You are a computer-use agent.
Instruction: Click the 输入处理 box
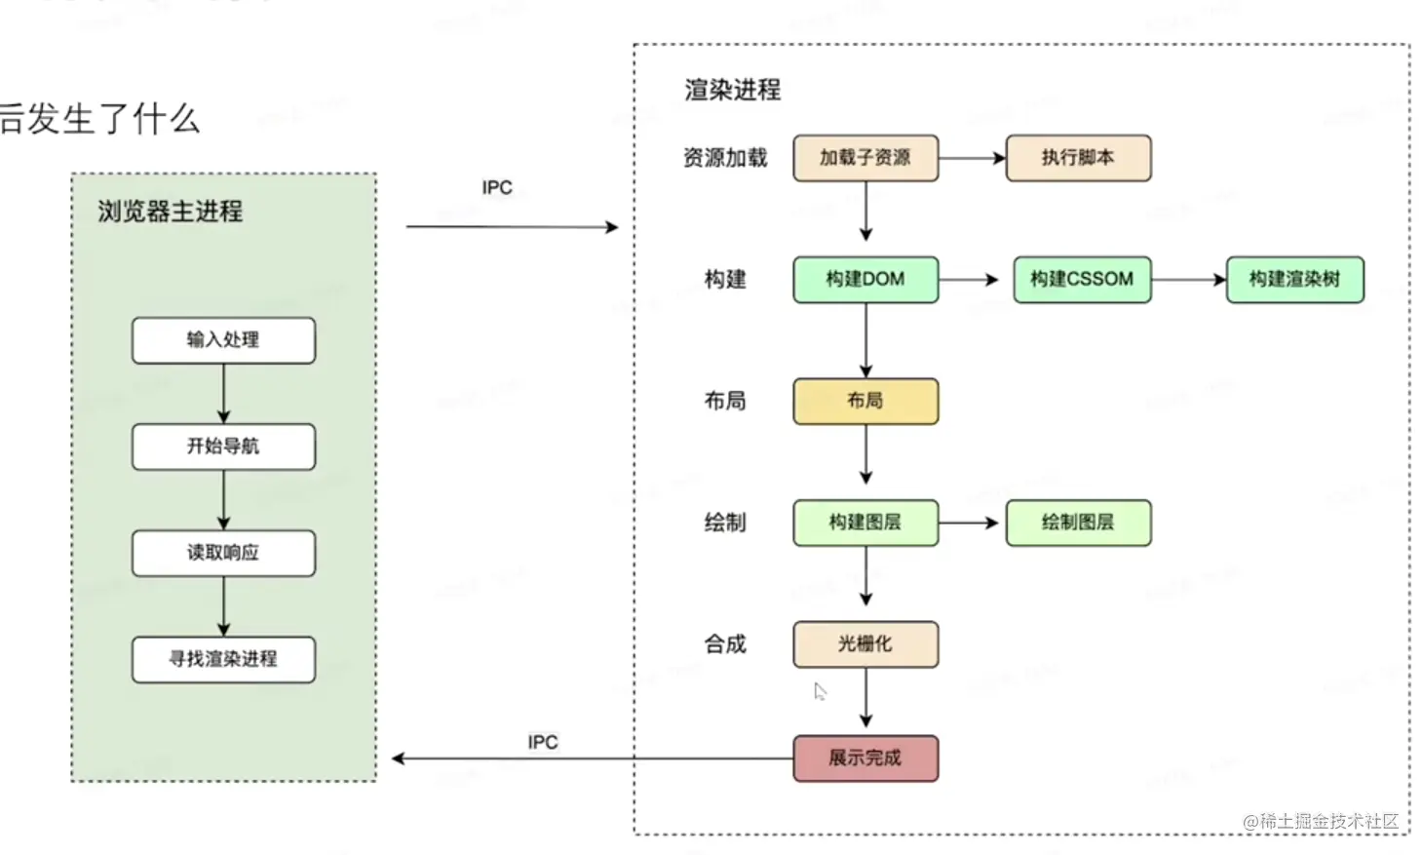pyautogui.click(x=223, y=340)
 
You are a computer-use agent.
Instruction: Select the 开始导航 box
pyautogui.click(x=223, y=447)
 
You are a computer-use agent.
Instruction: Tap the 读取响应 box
pyautogui.click(x=223, y=553)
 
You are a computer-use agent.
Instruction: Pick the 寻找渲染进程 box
pyautogui.click(x=223, y=659)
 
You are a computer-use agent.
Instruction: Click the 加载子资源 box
pyautogui.click(x=865, y=158)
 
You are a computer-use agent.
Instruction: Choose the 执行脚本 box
pyautogui.click(x=1078, y=158)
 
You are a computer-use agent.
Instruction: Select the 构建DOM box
pyautogui.click(x=865, y=280)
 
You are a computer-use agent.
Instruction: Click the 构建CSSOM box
pyautogui.click(x=1082, y=280)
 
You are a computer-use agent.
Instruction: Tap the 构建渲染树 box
pyautogui.click(x=1294, y=280)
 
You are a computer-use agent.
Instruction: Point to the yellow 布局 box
pyautogui.click(x=865, y=401)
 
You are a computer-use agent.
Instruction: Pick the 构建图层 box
pyautogui.click(x=865, y=523)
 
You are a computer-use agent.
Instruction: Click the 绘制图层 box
pyautogui.click(x=1078, y=523)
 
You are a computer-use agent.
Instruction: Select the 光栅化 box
pyautogui.click(x=865, y=644)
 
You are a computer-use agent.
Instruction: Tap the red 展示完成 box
pyautogui.click(x=865, y=758)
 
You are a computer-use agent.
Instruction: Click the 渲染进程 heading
pyautogui.click(x=732, y=90)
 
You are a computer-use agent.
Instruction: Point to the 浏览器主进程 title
pyautogui.click(x=170, y=212)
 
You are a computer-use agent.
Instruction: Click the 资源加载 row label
pyautogui.click(x=725, y=158)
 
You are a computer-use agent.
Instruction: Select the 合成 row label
pyautogui.click(x=725, y=644)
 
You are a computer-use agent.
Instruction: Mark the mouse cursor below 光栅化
pyautogui.click(x=820, y=691)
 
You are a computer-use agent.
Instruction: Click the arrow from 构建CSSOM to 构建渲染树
pyautogui.click(x=1188, y=280)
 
